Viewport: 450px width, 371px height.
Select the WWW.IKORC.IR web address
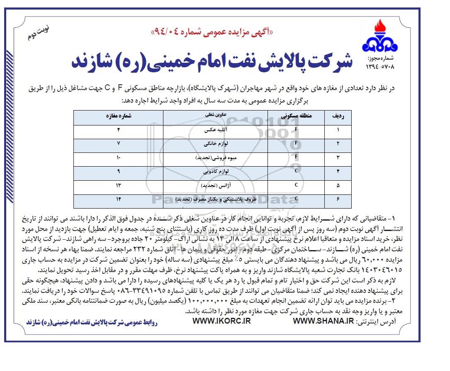222,321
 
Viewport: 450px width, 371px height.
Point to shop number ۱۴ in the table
118,199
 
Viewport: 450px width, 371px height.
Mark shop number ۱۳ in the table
118,185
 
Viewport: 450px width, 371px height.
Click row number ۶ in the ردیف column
337,199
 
